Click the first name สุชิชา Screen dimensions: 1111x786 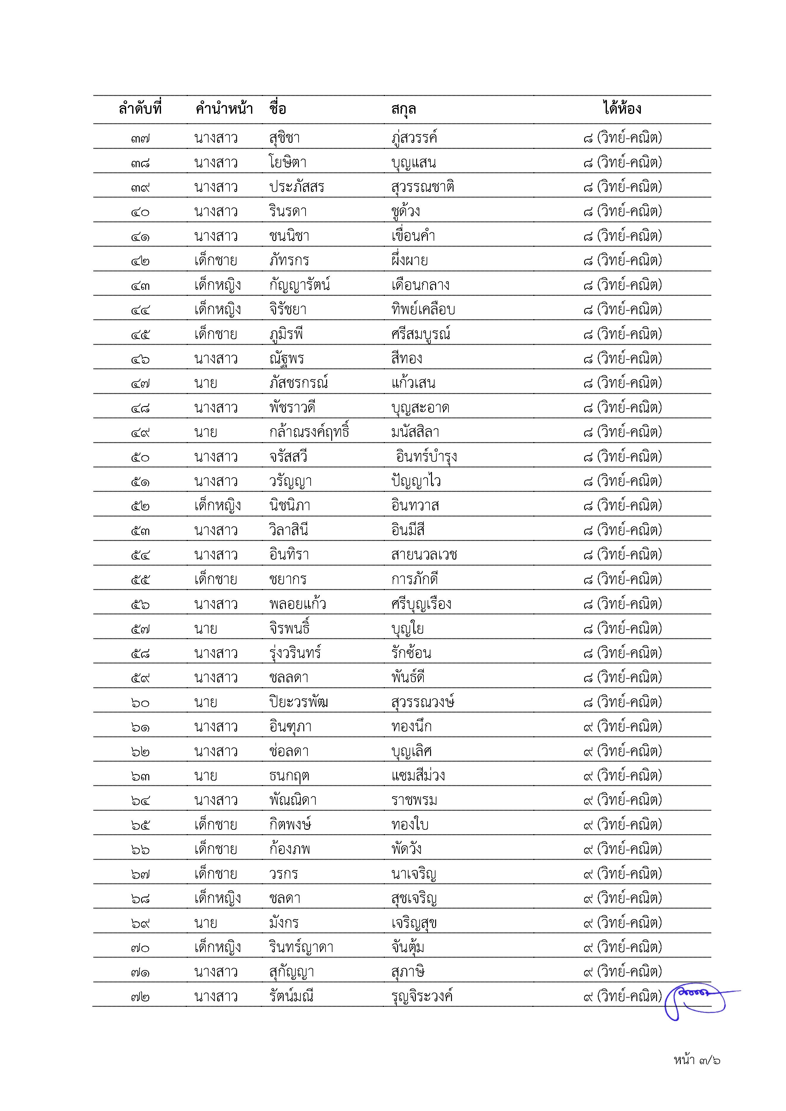click(285, 138)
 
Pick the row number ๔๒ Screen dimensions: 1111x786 click(140, 261)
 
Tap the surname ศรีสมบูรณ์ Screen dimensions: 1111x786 click(421, 334)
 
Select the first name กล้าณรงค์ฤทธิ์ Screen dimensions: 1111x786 click(309, 432)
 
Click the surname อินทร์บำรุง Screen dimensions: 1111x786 click(426, 456)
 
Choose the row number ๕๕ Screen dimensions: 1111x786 click(140, 579)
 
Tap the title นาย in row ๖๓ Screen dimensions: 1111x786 click(206, 776)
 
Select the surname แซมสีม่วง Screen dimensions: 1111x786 click(418, 776)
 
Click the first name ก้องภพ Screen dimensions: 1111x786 click(290, 849)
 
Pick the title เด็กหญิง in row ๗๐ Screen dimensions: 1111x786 click(217, 947)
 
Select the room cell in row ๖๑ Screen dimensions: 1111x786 click(622, 726)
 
